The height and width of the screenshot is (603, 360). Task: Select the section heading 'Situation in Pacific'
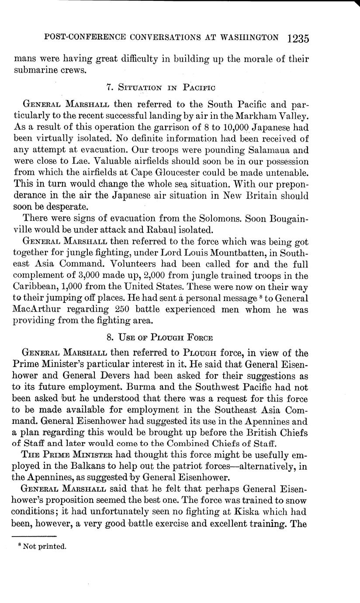pyautogui.click(x=161, y=87)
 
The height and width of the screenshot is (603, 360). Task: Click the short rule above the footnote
pyautogui.click(x=35, y=536)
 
